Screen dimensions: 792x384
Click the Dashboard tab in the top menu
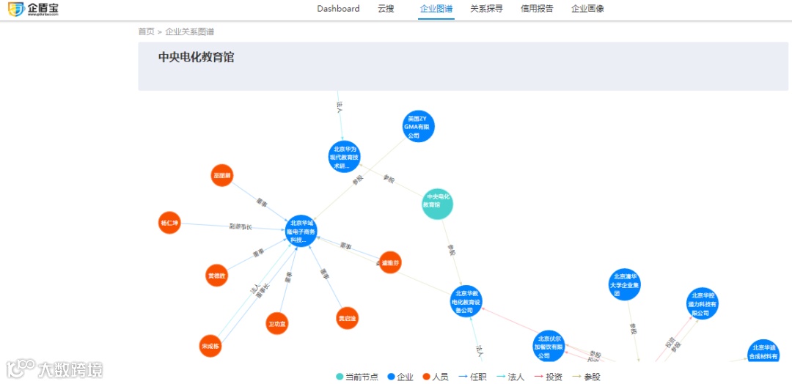click(x=338, y=9)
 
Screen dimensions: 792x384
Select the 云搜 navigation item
click(x=386, y=9)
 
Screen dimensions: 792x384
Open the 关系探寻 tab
click(x=486, y=9)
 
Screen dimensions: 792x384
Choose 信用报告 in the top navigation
click(x=537, y=9)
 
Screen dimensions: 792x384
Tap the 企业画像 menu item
click(x=587, y=9)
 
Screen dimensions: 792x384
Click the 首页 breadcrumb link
click(x=146, y=32)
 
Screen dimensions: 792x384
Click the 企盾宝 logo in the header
click(x=32, y=10)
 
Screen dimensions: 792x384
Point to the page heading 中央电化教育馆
click(x=196, y=57)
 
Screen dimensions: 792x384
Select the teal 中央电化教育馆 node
click(x=438, y=203)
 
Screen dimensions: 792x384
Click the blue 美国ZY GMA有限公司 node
click(x=419, y=126)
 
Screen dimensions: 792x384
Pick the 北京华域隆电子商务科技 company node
click(x=301, y=231)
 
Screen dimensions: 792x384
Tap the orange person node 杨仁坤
click(x=169, y=222)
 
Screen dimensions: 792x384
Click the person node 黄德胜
click(x=216, y=276)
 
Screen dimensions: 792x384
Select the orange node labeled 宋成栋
click(x=210, y=345)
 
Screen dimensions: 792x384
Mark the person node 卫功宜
click(x=277, y=323)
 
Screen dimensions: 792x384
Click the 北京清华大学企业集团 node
click(x=625, y=284)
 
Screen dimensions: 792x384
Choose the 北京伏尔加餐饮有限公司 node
click(x=549, y=347)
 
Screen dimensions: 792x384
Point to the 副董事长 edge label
click(x=240, y=227)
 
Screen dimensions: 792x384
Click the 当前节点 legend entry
click(x=358, y=377)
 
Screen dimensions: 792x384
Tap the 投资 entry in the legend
click(x=549, y=377)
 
